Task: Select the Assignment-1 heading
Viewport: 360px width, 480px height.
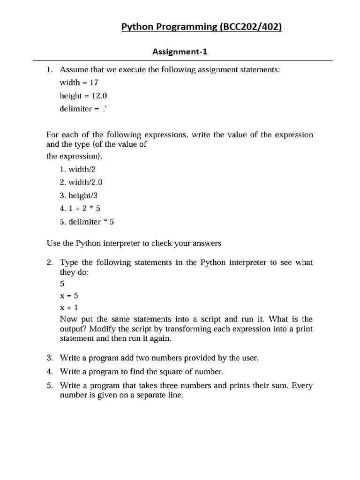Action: (180, 52)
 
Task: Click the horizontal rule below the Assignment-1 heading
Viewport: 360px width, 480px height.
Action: (182, 60)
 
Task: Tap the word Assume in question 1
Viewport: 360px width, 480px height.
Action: (73, 69)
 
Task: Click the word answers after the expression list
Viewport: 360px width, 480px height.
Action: (205, 243)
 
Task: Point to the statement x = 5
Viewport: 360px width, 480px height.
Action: (68, 296)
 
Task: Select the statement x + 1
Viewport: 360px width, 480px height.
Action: (68, 307)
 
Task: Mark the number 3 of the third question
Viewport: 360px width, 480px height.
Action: (49, 358)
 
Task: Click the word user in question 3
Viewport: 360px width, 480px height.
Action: (250, 358)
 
